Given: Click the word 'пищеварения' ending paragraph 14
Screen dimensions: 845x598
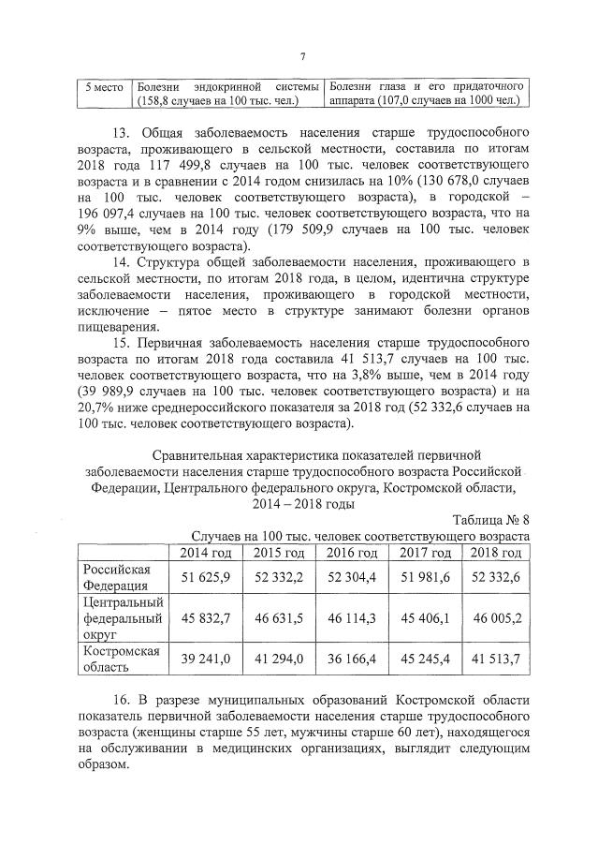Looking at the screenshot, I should click(116, 327).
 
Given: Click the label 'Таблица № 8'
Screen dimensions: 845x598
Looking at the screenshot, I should click(490, 520).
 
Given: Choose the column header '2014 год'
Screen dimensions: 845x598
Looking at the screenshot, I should click(204, 552).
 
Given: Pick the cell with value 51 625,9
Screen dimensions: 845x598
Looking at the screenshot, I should click(204, 576).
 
